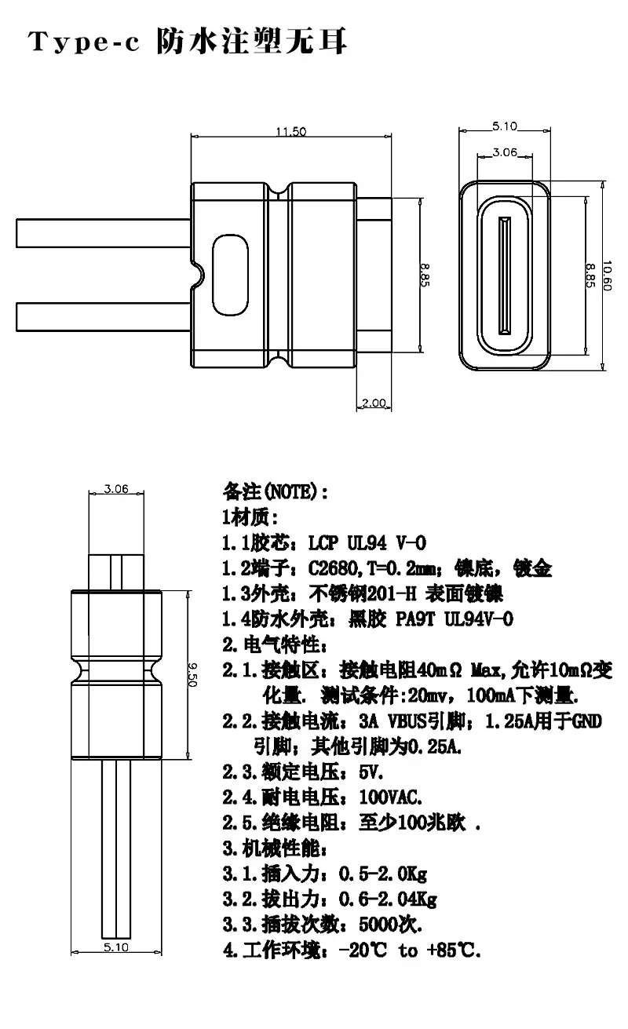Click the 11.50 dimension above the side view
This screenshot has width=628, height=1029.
click(290, 132)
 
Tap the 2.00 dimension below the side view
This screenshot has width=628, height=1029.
click(374, 403)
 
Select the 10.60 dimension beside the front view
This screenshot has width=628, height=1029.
click(606, 275)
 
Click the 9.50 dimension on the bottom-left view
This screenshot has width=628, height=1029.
click(192, 674)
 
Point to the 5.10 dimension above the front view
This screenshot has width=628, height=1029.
click(505, 126)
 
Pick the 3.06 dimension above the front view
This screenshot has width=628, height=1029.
click(505, 152)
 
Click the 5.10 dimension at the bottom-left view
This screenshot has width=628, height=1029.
click(115, 947)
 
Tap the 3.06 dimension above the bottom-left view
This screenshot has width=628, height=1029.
click(115, 488)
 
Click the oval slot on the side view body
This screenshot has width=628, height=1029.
click(230, 275)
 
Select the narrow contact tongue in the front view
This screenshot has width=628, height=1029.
click(505, 275)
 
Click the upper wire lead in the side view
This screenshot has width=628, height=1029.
click(104, 233)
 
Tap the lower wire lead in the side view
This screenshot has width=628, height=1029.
click(104, 317)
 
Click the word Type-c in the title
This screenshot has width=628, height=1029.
click(84, 42)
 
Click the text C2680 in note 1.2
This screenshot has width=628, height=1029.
click(333, 569)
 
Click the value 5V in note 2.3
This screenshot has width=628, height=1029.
click(371, 772)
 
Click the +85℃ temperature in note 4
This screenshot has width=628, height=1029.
click(453, 950)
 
